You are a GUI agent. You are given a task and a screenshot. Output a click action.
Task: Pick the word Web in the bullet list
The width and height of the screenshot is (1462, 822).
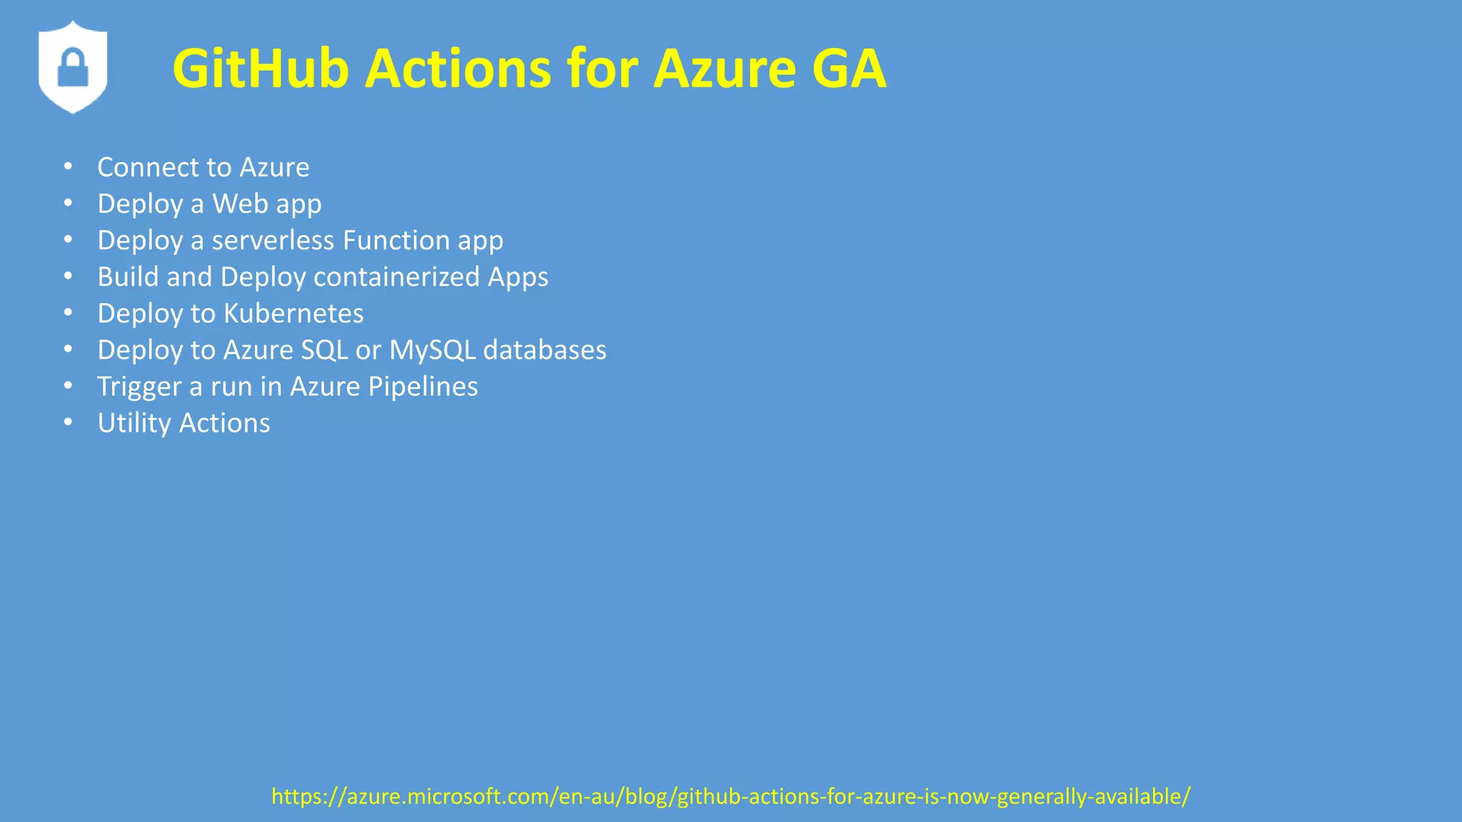(240, 204)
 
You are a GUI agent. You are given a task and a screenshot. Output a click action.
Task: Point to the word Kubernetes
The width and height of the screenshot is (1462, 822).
(293, 313)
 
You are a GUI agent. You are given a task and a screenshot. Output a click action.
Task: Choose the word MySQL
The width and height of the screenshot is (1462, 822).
(432, 350)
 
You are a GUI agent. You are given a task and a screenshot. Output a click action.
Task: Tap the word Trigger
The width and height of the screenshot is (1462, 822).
(139, 387)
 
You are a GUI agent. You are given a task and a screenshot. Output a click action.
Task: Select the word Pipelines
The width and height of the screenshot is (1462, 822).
(423, 387)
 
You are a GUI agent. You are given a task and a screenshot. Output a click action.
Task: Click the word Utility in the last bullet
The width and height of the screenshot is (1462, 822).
(134, 423)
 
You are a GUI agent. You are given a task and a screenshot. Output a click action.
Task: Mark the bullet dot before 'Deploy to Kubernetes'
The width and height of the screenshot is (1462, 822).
(68, 312)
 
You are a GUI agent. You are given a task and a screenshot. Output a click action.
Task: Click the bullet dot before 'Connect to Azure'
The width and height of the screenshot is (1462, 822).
(68, 166)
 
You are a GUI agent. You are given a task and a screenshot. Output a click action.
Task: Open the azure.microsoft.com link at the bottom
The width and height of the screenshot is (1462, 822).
(731, 796)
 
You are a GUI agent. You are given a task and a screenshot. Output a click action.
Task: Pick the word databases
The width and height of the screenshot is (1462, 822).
(545, 350)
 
